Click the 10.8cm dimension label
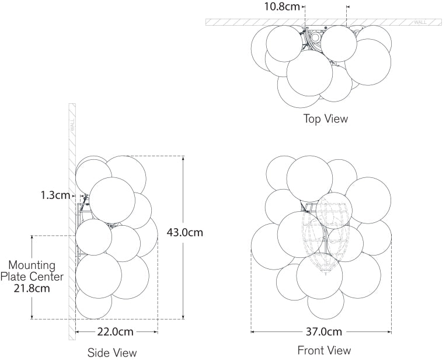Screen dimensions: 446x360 [282, 6]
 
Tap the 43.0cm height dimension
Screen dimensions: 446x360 [185, 233]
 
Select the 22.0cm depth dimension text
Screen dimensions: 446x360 [115, 331]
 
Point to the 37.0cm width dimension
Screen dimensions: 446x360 [324, 331]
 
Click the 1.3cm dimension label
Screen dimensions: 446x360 [55, 195]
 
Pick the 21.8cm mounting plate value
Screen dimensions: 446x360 [32, 288]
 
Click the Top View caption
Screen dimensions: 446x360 [326, 118]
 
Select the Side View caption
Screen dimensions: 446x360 [112, 353]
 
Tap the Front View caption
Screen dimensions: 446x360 [324, 350]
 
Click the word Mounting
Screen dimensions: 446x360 [32, 265]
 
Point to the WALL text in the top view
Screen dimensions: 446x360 [420, 22]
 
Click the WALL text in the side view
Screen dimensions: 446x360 [72, 125]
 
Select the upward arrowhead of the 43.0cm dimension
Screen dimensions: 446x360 [183, 158]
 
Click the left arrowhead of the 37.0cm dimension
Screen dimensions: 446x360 [254, 331]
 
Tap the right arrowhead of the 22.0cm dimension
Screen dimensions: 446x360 [155, 331]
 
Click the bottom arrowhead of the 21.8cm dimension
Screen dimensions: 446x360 [32, 316]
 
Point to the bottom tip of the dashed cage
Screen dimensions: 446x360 [326, 274]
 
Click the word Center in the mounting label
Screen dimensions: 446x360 [47, 277]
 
